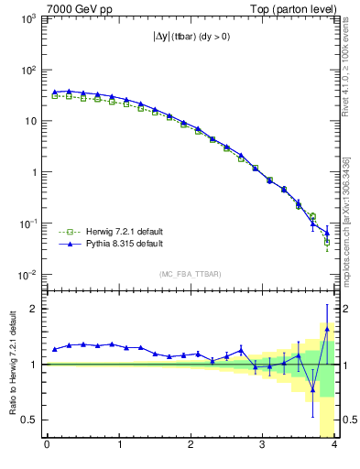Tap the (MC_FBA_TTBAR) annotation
pyautogui.click(x=191, y=273)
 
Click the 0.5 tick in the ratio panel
pyautogui.click(x=34, y=420)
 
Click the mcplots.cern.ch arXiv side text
pyautogui.click(x=346, y=220)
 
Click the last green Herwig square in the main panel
pyautogui.click(x=327, y=243)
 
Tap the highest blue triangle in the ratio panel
pyautogui.click(x=327, y=327)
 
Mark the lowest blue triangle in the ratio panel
pyautogui.click(x=312, y=389)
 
